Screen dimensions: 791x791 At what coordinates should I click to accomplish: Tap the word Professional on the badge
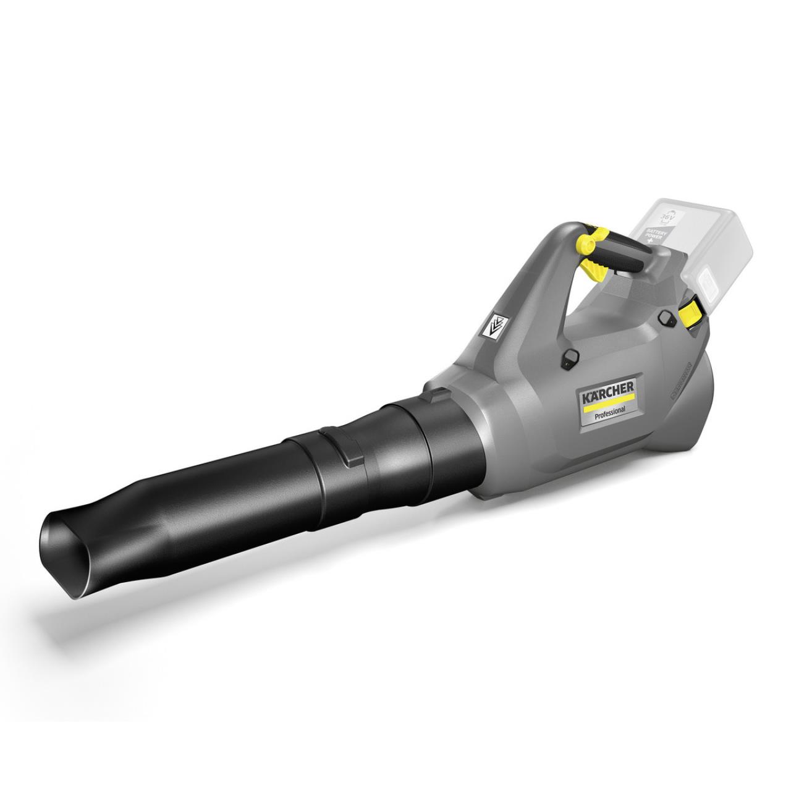click(609, 410)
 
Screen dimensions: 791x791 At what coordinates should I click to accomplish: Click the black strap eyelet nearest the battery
click(666, 317)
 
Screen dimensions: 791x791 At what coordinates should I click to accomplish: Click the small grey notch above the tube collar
click(438, 392)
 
